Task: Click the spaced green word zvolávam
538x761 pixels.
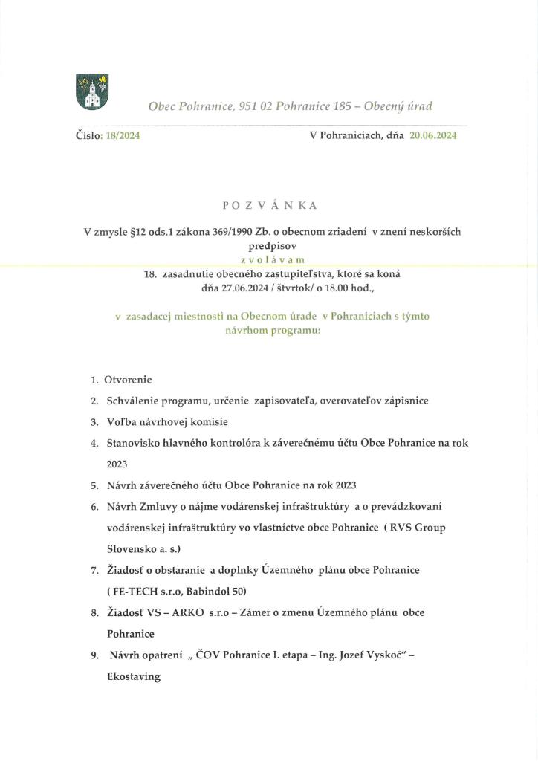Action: pyautogui.click(x=268, y=260)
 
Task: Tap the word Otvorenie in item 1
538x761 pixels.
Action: pyautogui.click(x=129, y=380)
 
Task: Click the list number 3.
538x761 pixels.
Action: pyautogui.click(x=94, y=421)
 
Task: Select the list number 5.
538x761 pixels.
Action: pyautogui.click(x=94, y=485)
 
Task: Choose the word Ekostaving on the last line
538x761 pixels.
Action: pyautogui.click(x=134, y=677)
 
